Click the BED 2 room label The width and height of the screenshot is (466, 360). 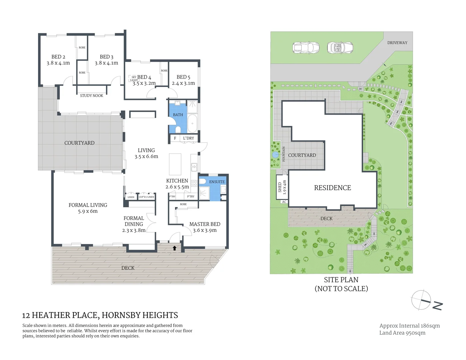click(x=58, y=57)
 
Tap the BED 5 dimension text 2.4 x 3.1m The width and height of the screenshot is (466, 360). click(x=183, y=83)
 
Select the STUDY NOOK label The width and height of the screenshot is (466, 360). click(x=91, y=96)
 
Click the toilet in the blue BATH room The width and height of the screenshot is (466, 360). click(x=178, y=129)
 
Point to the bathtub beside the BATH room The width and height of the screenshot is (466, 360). click(x=192, y=123)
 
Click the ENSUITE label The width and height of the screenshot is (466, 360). click(x=217, y=182)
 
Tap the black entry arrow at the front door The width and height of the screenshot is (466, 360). click(x=174, y=248)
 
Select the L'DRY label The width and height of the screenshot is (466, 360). click(x=188, y=138)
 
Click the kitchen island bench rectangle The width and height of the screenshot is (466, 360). click(x=175, y=164)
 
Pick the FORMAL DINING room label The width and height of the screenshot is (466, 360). click(x=134, y=221)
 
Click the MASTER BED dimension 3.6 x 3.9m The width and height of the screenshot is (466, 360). click(x=205, y=230)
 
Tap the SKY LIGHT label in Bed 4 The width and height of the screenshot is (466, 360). click(x=134, y=79)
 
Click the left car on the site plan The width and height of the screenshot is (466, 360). click(x=306, y=48)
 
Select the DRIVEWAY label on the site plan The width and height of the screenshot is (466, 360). click(x=397, y=43)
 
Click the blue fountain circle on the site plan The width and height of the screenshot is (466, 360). click(x=275, y=155)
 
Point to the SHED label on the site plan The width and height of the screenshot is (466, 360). click(x=280, y=187)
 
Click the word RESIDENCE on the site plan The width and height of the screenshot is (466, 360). click(x=332, y=188)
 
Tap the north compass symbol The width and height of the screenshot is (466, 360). click(x=421, y=300)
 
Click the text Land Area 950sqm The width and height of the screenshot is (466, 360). click(x=402, y=333)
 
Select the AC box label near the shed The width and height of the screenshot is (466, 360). click(x=284, y=202)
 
